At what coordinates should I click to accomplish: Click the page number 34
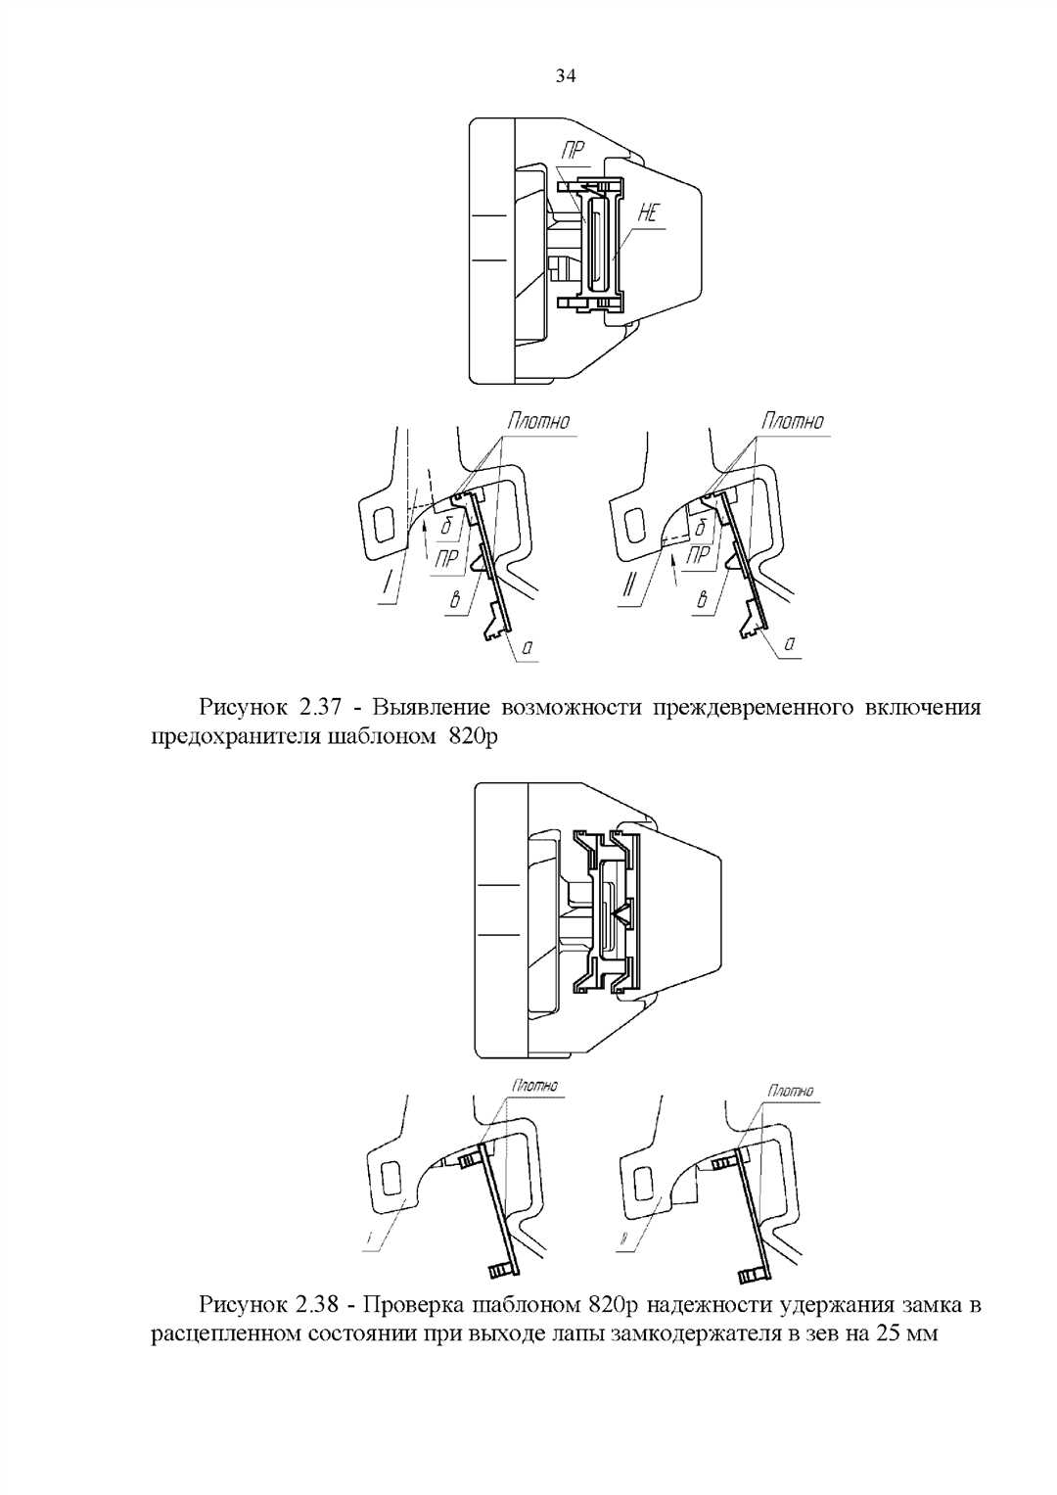tap(565, 75)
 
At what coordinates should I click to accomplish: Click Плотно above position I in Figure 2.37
tap(537, 421)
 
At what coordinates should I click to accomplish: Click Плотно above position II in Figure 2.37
tap(793, 421)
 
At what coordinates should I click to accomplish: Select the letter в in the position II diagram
tap(701, 598)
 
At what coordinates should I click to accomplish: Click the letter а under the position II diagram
tap(789, 645)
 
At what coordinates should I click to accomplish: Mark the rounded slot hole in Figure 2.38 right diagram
tap(644, 1183)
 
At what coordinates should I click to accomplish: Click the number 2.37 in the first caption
tap(318, 707)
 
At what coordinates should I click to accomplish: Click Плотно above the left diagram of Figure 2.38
tap(534, 1086)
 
